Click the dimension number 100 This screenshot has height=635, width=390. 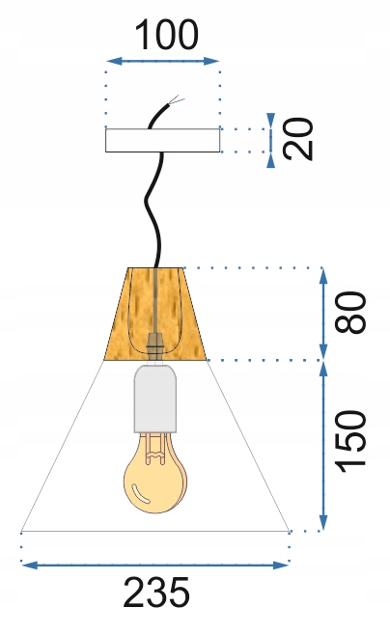(x=166, y=36)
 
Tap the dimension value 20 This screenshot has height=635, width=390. (x=298, y=139)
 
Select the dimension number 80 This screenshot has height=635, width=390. (x=350, y=313)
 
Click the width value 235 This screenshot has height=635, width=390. (x=156, y=593)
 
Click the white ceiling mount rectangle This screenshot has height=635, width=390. (x=162, y=140)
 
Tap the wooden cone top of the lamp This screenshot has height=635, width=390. (x=155, y=314)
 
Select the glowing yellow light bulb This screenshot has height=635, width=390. (x=155, y=473)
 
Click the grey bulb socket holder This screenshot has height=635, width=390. (x=155, y=398)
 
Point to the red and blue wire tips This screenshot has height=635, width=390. (x=177, y=99)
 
